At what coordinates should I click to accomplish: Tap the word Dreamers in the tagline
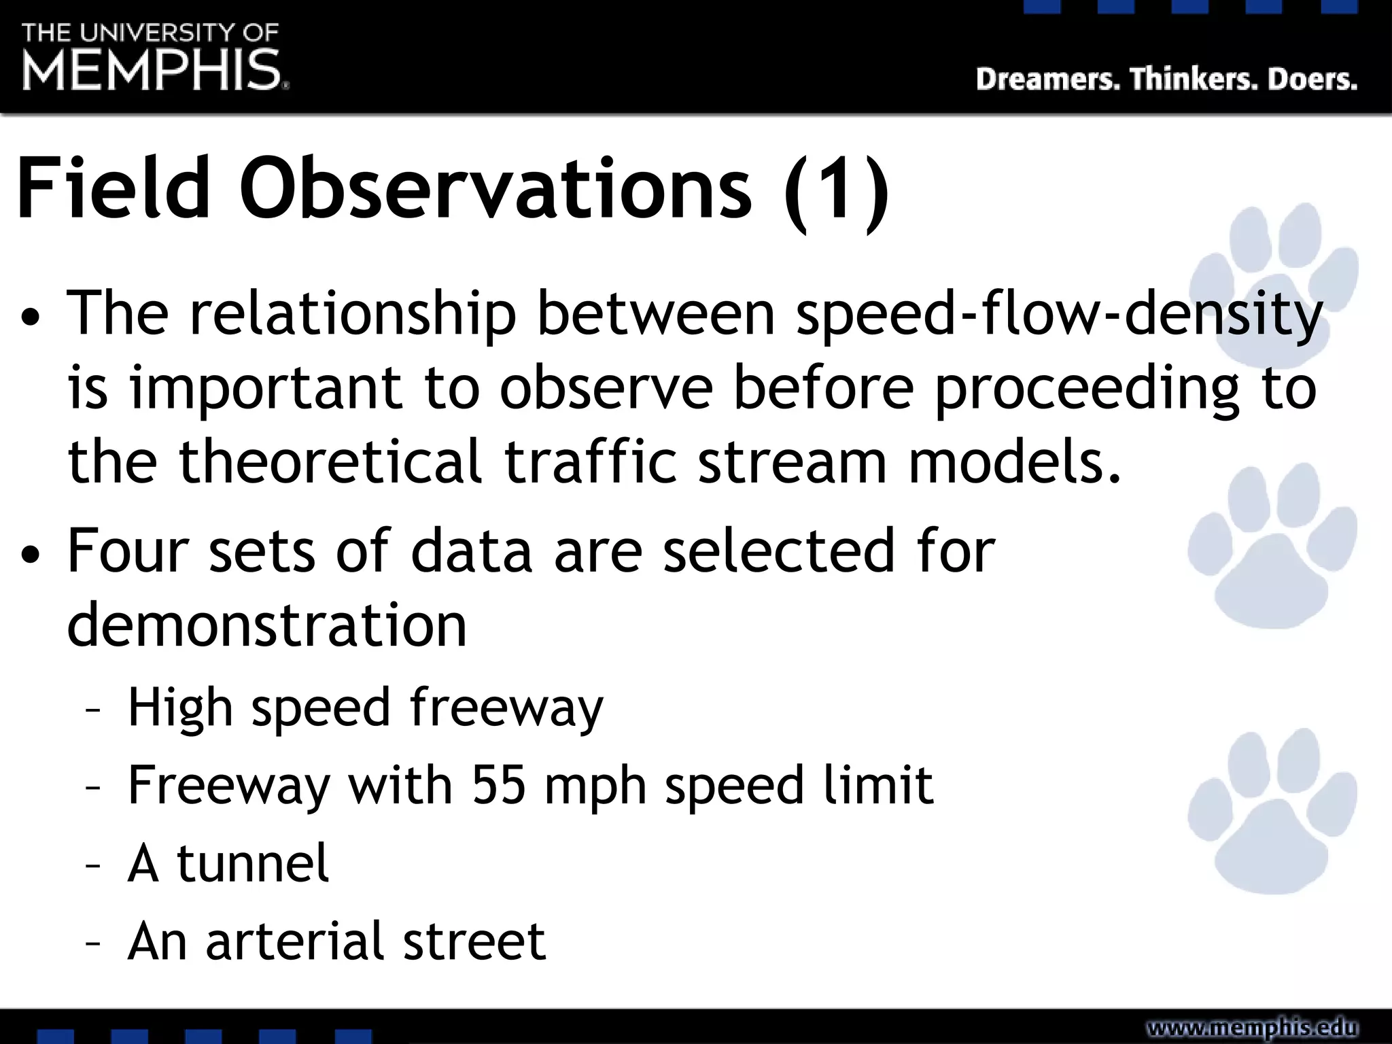(1047, 80)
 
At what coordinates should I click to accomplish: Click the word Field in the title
(113, 188)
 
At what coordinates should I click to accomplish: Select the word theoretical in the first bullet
(330, 462)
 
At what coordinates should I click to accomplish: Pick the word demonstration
(266, 625)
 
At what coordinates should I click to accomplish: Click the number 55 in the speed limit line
(499, 785)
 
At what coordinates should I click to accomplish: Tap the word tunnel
(253, 863)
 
